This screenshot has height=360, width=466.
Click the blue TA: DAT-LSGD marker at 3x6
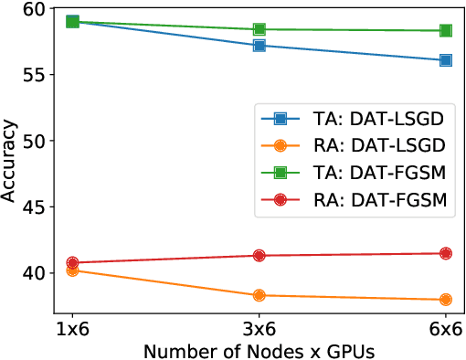coord(259,46)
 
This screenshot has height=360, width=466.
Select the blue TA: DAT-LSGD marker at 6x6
coord(446,60)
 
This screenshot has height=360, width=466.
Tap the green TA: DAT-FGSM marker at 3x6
coord(259,29)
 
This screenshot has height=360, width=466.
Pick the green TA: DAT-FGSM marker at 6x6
coord(446,30)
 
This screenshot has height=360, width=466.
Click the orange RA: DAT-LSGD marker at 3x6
coord(259,295)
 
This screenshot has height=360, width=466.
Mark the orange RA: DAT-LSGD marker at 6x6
coord(446,300)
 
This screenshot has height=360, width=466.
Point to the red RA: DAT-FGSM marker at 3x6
coord(259,256)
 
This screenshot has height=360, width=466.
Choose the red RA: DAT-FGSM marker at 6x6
coord(446,253)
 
